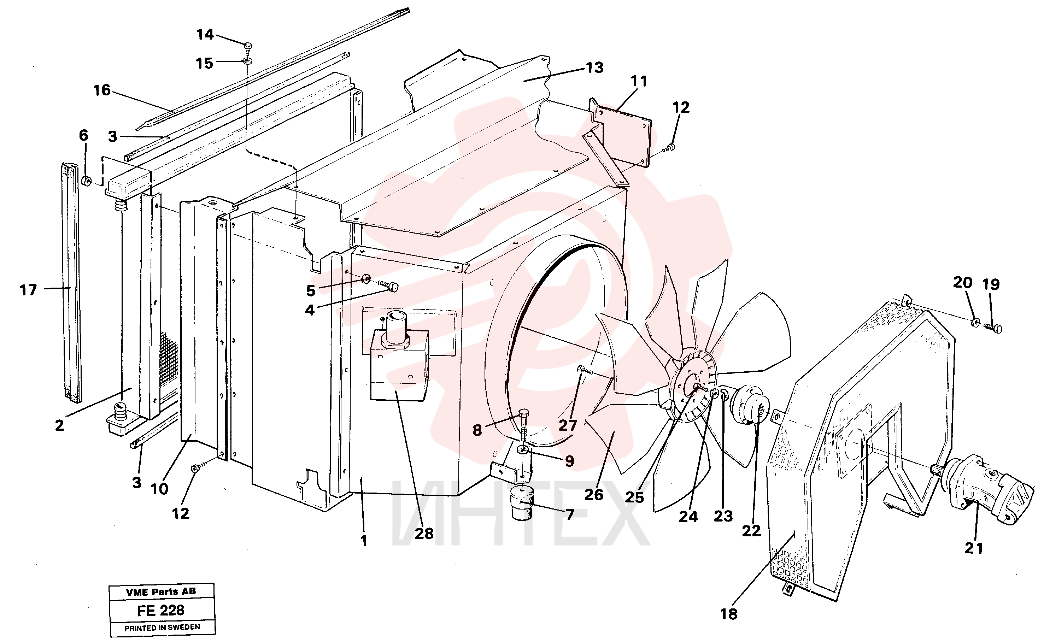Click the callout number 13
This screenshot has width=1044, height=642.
595,67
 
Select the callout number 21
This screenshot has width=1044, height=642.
974,548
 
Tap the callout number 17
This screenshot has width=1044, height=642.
29,290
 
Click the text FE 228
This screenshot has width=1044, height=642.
160,611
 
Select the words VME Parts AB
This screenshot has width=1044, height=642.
161,591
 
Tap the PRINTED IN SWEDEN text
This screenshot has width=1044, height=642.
162,628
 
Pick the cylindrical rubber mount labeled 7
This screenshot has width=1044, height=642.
522,503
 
